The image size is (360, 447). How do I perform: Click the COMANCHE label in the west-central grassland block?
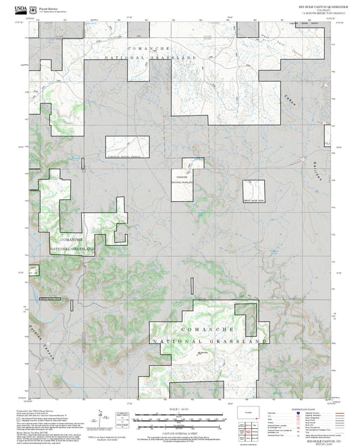pyautogui.click(x=71, y=240)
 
